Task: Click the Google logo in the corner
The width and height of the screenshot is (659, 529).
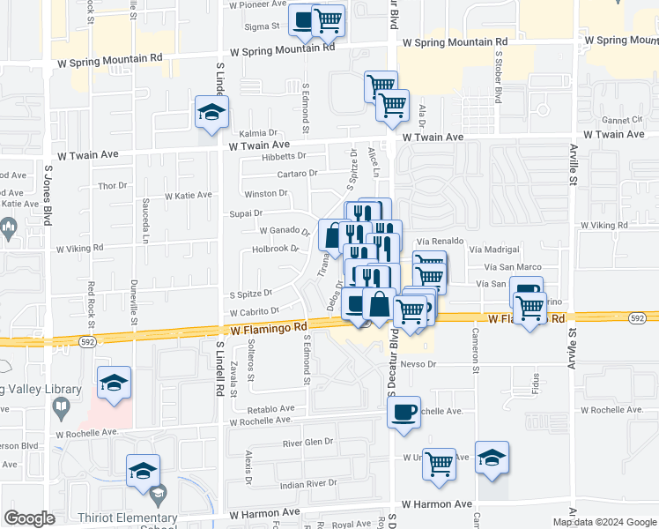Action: coord(29,518)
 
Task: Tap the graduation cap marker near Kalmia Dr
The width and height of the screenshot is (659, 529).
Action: coord(211,113)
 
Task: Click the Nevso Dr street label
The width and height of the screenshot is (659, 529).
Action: coord(418,363)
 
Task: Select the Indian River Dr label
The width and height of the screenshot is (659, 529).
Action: coord(308,483)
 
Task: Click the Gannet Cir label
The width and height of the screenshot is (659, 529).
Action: coord(623,120)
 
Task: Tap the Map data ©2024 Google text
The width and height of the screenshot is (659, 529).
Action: coord(604,522)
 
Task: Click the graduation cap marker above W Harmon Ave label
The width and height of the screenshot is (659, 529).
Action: coord(492,458)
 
